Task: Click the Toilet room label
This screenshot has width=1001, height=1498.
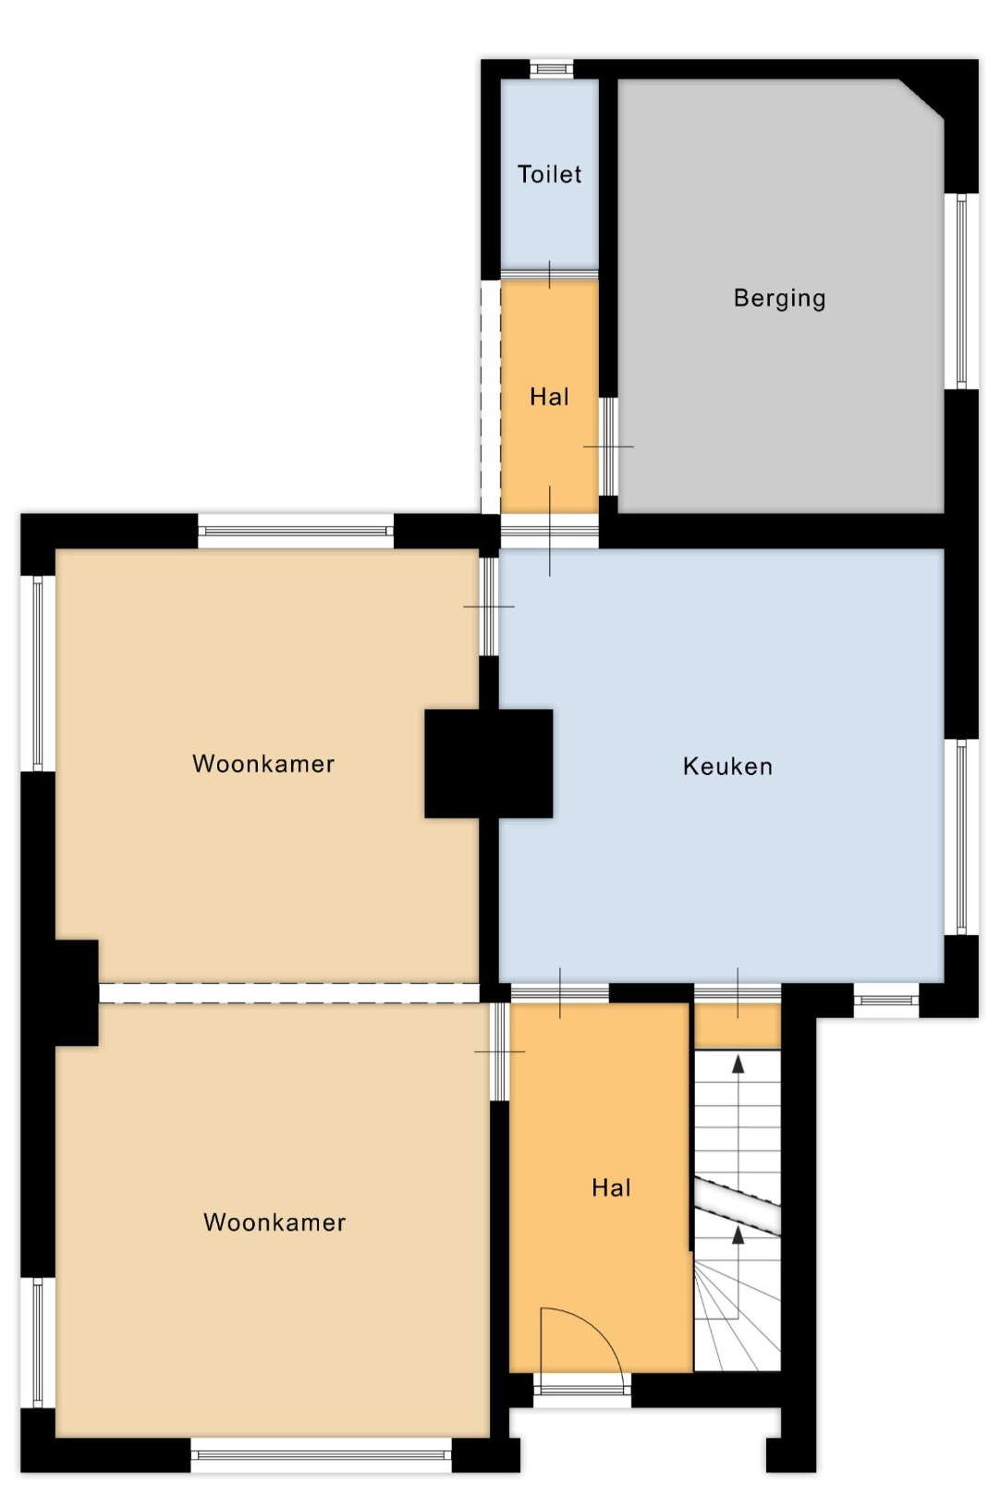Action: coord(549,174)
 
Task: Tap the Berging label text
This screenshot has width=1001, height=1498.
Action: coord(779,299)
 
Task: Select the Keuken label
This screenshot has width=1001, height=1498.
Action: coord(727,766)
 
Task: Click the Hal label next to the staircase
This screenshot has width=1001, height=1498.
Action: coord(611,1187)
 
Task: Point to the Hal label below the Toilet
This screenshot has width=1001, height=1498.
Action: coord(549,397)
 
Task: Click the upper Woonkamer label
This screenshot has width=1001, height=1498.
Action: coord(262,763)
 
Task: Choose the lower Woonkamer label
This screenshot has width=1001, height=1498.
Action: coord(275,1222)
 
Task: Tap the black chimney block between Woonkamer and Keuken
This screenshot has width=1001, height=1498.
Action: coord(488,763)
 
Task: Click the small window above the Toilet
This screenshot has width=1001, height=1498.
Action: coord(551,68)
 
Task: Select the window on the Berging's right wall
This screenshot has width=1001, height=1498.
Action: coord(961,291)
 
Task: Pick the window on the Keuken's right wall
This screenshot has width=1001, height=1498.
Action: coord(961,837)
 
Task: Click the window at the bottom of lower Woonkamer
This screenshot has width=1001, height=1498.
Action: coord(321,1455)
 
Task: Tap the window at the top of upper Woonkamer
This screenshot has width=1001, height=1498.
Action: coord(296,531)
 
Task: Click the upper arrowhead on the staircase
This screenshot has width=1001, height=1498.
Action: coord(738,1064)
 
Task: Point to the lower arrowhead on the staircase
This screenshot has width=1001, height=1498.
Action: coord(738,1234)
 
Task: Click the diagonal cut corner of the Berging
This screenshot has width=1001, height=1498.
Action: coord(921,100)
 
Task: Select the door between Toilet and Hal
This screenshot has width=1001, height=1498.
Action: coord(549,275)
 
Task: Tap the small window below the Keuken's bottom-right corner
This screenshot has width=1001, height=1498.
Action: coord(886,1001)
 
